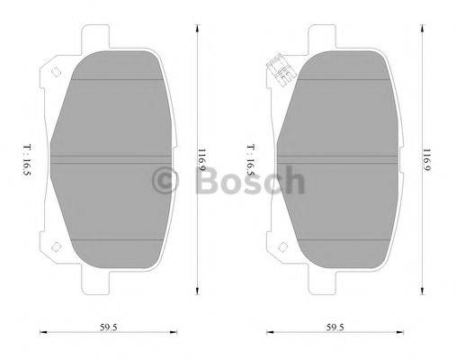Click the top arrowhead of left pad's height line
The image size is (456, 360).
(196, 27)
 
